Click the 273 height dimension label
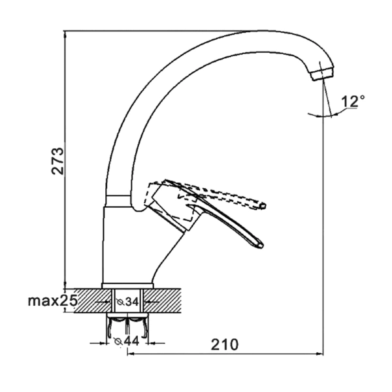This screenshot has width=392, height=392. pyautogui.click(x=57, y=161)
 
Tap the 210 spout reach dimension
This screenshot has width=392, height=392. pyautogui.click(x=225, y=344)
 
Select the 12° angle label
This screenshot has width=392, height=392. pyautogui.click(x=353, y=101)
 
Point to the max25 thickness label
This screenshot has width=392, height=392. pyautogui.click(x=52, y=301)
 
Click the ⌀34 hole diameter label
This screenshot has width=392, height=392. pyautogui.click(x=127, y=302)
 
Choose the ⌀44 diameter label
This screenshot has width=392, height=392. pyautogui.click(x=127, y=341)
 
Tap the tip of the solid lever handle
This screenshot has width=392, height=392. pyautogui.click(x=261, y=246)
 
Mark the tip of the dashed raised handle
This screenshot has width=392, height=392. pyautogui.click(x=263, y=206)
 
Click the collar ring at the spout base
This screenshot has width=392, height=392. pyautogui.click(x=118, y=201)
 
